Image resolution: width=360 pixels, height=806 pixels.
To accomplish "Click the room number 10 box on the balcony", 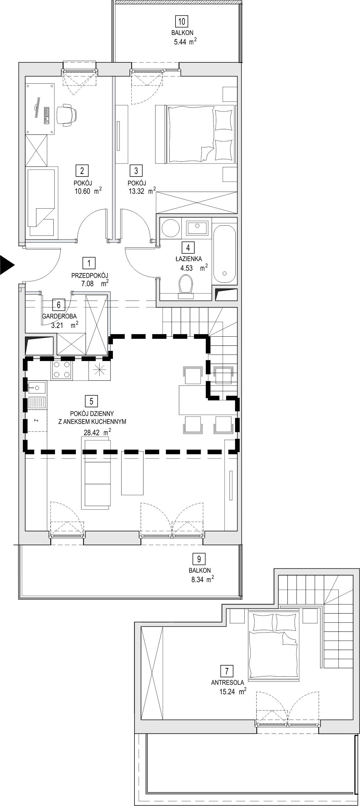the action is (x=182, y=22).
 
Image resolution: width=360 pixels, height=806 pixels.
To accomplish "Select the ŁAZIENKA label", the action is (x=188, y=259).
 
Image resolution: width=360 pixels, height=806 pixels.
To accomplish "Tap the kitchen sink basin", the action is (x=37, y=388).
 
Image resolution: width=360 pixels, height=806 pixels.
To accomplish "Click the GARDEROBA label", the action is (x=60, y=316).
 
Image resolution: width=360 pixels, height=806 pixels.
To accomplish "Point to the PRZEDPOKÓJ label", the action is (x=90, y=276).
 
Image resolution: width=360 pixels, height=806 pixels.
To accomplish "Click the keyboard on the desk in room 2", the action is (x=47, y=115).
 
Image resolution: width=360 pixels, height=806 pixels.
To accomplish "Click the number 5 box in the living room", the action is (x=91, y=401).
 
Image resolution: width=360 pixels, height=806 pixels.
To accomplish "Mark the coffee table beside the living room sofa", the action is (x=132, y=473).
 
